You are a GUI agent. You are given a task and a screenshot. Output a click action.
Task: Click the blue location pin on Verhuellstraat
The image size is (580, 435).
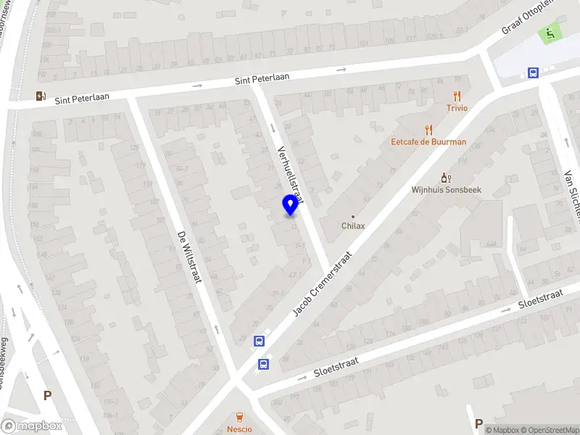(x=290, y=206)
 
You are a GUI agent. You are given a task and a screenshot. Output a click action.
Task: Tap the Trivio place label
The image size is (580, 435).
(x=457, y=108)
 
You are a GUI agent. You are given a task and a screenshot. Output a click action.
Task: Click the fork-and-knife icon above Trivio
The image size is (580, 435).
(x=457, y=95)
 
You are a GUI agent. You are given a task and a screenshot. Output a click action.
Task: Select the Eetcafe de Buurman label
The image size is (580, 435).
(x=428, y=142)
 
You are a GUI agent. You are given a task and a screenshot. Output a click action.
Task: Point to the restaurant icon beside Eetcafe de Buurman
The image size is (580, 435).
(x=428, y=130)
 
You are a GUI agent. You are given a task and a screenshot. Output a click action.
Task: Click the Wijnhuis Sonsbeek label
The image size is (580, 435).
(x=447, y=190)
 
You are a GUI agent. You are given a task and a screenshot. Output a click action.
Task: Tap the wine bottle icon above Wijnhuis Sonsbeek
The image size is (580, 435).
(x=447, y=178)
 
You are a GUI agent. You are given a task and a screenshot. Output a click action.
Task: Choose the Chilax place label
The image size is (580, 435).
(x=353, y=225)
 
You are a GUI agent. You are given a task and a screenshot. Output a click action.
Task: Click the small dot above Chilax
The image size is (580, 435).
(x=353, y=216)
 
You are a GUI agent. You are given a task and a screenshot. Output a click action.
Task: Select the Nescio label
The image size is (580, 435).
(x=239, y=428)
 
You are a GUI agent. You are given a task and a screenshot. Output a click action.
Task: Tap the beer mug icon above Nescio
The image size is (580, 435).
(x=239, y=416)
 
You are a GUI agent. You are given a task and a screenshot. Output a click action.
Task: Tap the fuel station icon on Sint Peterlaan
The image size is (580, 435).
(x=41, y=95)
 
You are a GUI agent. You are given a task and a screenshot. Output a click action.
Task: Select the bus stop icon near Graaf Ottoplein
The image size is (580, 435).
(x=533, y=72)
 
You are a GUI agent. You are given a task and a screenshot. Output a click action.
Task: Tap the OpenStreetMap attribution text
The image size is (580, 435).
(x=544, y=430)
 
